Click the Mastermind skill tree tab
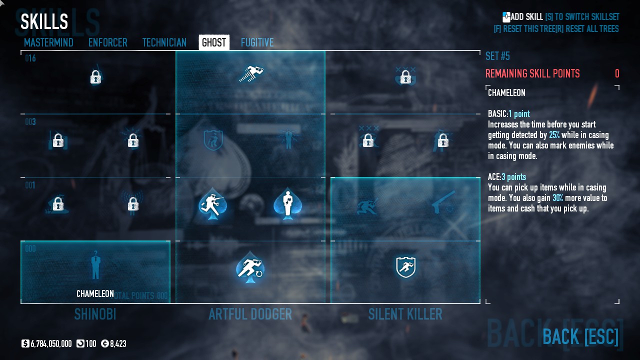coord(48,42)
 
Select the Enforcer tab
coord(107,42)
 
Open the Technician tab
coord(164,42)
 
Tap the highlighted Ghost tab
coord(214,42)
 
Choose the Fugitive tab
coord(257,42)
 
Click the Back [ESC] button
coord(580,336)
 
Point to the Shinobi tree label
coord(95,314)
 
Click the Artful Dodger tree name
coord(250,314)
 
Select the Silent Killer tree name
coord(405,314)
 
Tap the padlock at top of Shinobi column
coord(95,77)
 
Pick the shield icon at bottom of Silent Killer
coord(405,267)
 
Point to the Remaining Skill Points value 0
coord(617,73)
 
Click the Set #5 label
coord(497,56)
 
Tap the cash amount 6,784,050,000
coord(51,343)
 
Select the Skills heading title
coord(44,21)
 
